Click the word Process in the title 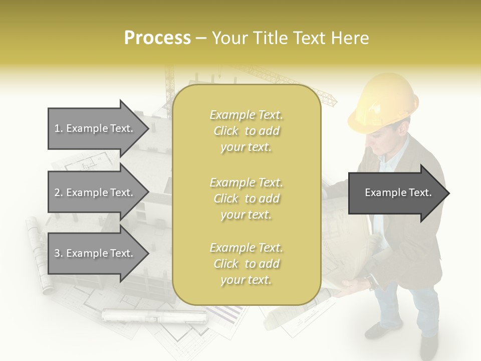point(157,38)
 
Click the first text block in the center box point(246,131)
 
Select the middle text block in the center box point(246,199)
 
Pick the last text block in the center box point(246,264)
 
